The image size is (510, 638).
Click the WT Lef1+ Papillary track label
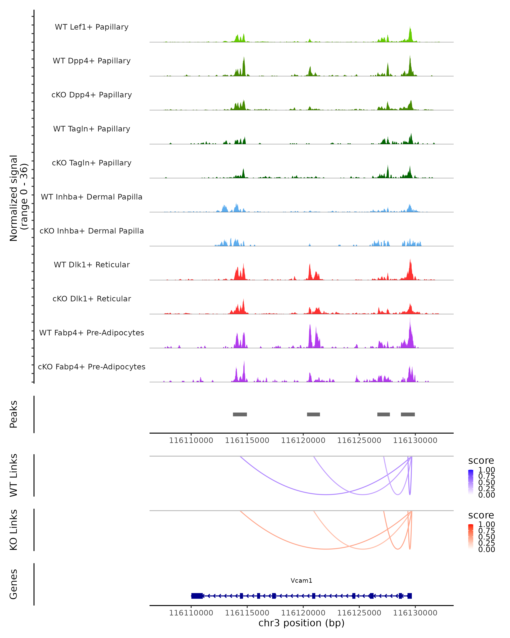92,27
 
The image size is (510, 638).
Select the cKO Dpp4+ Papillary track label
92,95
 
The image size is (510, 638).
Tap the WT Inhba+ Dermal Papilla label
92,197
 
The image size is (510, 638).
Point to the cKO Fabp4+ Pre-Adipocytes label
92,367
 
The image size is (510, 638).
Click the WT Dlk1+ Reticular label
92,265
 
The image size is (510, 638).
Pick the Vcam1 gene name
301,581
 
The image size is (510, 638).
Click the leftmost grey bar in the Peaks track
240,414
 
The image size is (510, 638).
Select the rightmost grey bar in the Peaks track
408,414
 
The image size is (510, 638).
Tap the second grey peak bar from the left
313,414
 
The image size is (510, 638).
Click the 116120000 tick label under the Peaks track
303,440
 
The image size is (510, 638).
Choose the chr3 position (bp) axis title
301,623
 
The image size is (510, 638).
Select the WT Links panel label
14,475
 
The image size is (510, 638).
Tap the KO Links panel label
14,530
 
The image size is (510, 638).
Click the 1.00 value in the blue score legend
486,470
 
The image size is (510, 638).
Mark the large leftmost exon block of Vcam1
197,596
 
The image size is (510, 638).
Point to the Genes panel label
14,584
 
